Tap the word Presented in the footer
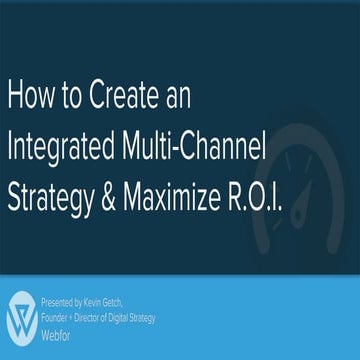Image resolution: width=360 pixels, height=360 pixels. [58, 299]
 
